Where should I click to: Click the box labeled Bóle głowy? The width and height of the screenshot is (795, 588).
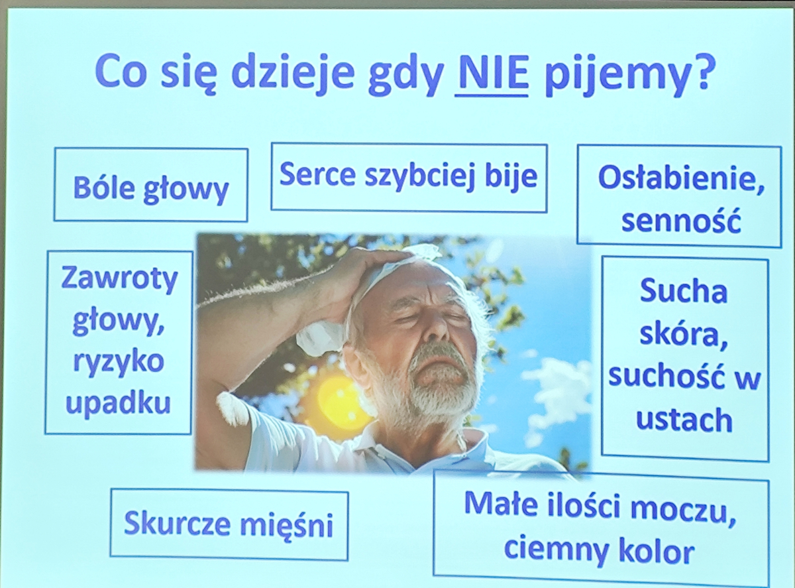151,184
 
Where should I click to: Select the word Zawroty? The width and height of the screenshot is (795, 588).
119,278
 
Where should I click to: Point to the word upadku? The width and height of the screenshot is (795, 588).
118,404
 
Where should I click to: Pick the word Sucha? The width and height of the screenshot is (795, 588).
684,291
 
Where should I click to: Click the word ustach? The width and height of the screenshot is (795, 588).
684,420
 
